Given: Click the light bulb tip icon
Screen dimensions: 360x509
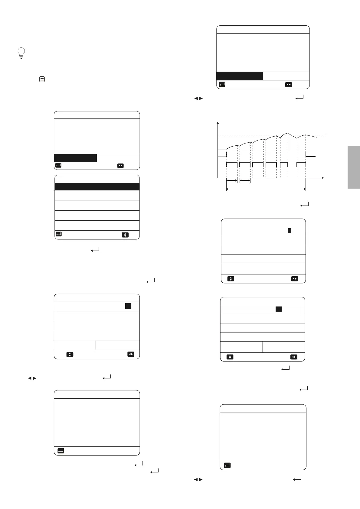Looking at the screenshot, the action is (x=21, y=53).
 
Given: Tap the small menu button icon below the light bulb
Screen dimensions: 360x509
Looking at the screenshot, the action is (x=42, y=79).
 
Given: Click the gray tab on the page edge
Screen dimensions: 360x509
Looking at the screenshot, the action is (x=353, y=167).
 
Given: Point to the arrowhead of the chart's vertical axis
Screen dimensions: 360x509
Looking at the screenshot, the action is (x=218, y=123).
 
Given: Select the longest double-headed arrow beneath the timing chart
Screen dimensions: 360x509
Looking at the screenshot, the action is (x=266, y=189).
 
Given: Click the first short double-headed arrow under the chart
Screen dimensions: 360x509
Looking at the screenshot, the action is (x=232, y=181).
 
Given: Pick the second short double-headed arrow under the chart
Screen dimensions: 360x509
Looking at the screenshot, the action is (x=245, y=181).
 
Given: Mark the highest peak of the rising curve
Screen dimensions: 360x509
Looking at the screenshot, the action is (x=287, y=133).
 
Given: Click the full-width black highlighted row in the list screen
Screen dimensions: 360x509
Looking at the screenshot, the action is (x=97, y=186).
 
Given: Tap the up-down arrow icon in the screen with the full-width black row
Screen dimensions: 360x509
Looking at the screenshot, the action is (x=125, y=235).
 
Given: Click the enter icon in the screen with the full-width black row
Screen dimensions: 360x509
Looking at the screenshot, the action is (x=59, y=234).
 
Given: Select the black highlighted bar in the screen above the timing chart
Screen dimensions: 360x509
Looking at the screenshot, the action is (x=240, y=76).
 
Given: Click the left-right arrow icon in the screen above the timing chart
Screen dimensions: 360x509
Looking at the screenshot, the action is (x=288, y=85).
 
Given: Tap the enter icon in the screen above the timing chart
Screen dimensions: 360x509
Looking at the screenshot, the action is (x=222, y=85).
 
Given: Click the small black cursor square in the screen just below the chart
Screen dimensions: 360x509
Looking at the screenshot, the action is (x=289, y=231).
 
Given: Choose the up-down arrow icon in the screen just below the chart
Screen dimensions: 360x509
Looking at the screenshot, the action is (x=231, y=279).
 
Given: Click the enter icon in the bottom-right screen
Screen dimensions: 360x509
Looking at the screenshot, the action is (x=227, y=465).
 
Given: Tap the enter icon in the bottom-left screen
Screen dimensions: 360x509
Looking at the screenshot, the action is (x=61, y=451).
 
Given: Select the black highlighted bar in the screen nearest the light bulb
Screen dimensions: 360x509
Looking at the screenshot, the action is (x=75, y=158).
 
